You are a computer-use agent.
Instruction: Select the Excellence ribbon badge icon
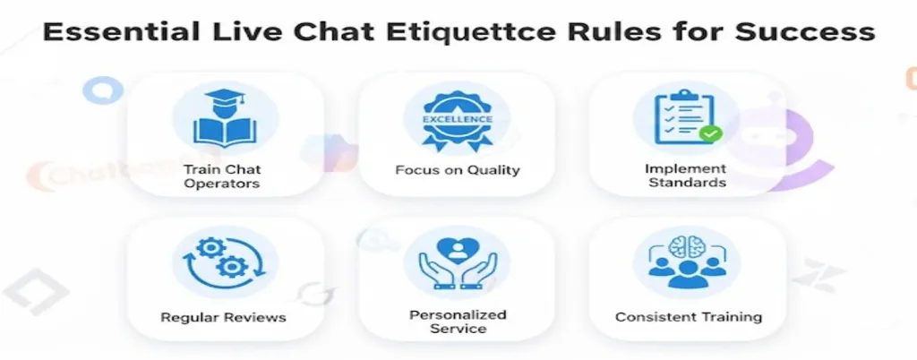pos(458,119)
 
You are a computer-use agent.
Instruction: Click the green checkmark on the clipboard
pos(710,133)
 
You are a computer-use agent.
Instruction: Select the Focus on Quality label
pos(458,170)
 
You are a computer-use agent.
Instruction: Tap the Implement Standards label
pos(686,176)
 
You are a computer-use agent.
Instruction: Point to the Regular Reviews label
pos(223,317)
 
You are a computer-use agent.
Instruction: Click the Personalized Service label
pos(458,321)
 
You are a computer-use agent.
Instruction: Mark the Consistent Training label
pos(689,317)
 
